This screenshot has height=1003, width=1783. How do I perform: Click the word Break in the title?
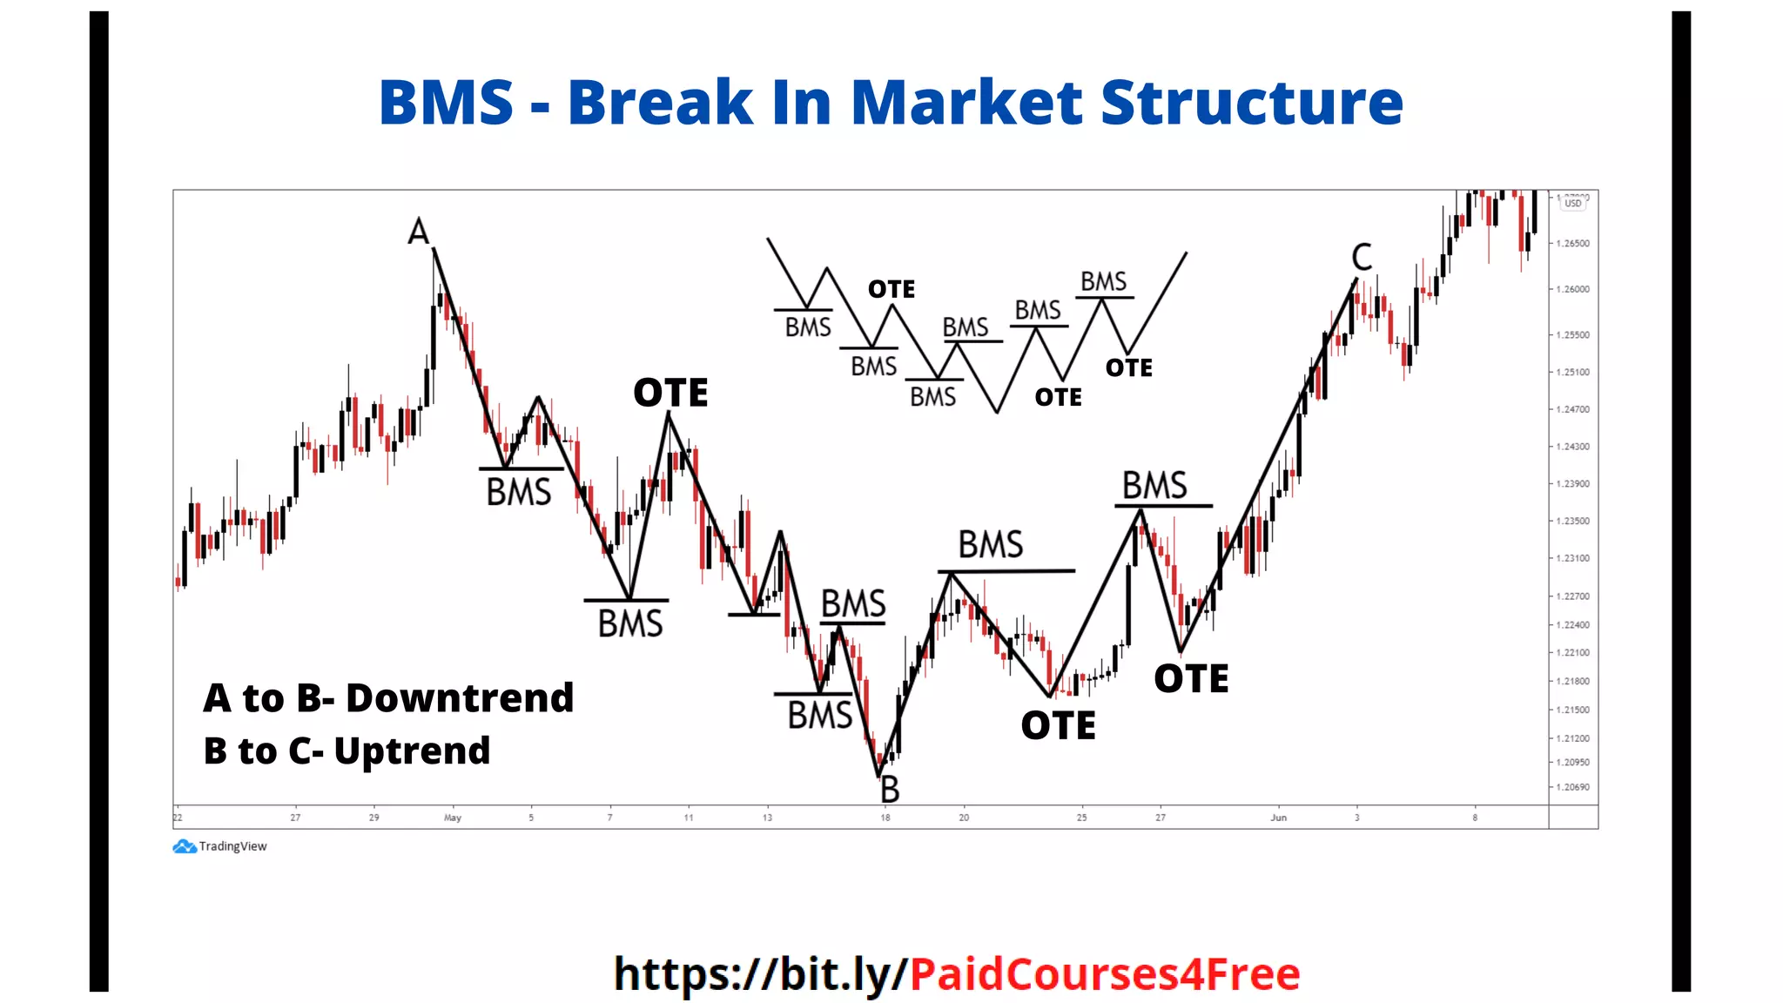(660, 103)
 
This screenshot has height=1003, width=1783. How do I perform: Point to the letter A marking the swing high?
(419, 232)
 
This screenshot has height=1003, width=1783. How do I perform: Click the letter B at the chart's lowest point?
(890, 790)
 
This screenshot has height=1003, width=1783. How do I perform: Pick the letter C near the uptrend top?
(1362, 257)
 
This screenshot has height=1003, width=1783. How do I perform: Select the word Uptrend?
(412, 751)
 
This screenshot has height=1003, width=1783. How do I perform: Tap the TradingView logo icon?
(185, 846)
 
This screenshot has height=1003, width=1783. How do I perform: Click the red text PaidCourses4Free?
(1105, 974)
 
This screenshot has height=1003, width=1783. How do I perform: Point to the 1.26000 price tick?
(1573, 289)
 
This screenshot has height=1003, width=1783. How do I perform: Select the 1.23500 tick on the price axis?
(1573, 521)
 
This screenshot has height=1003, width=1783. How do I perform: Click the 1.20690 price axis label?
(1573, 787)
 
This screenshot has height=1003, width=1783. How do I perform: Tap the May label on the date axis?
(453, 818)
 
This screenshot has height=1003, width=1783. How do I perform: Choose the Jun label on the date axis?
(1278, 818)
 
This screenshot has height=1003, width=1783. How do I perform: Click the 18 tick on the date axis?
(885, 818)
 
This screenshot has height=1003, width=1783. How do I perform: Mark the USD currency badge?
(1573, 204)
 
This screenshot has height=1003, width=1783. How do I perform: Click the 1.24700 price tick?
(1573, 409)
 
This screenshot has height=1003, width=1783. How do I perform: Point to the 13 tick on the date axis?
(767, 818)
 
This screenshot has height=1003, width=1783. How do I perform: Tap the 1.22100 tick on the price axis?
(1573, 652)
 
